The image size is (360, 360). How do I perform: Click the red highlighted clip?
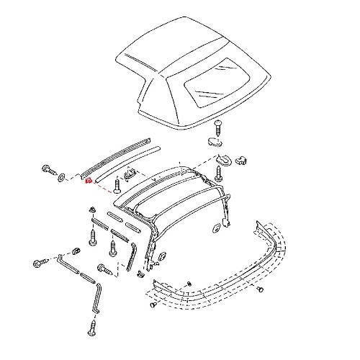88,182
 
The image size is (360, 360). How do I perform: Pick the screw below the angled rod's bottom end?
92,328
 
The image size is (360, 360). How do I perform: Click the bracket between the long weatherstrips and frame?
130,174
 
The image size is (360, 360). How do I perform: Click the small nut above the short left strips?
93,210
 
